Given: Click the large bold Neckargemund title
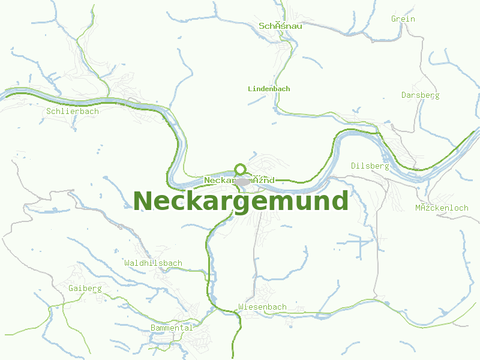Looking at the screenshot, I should (x=241, y=201).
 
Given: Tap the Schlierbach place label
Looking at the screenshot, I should (x=72, y=112).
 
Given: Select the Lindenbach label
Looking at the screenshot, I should (x=269, y=89).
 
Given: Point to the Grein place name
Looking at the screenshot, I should (x=403, y=19).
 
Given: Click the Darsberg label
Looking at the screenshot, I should (x=420, y=95).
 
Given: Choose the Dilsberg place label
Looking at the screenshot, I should (x=370, y=166).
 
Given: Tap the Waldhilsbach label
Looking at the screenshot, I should (x=153, y=263).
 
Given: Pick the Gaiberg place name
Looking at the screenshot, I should (x=85, y=289).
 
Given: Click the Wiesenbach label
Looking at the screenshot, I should (x=262, y=307).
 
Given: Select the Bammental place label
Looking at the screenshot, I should (x=172, y=328).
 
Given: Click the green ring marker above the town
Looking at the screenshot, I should (x=240, y=169).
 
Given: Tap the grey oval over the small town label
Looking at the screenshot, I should (x=242, y=181).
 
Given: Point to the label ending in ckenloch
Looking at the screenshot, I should (x=442, y=208).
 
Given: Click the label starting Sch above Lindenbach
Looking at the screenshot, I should (x=280, y=26).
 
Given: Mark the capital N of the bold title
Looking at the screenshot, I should (x=143, y=201).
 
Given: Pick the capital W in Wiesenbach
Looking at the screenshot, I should (x=241, y=307).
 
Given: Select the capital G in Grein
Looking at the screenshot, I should (x=394, y=19).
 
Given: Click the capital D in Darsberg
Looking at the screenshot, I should (x=404, y=95).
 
